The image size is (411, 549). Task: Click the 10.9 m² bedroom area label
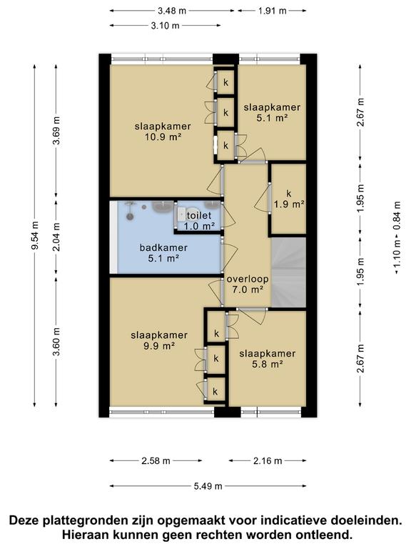pos(163,132)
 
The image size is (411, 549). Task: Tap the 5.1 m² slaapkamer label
pos(272,112)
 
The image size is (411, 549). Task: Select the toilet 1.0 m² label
pos(199,221)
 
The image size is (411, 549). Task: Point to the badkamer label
pos(163,253)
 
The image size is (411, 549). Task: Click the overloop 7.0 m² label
pos(248,285)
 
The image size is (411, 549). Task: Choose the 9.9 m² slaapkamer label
pos(159,340)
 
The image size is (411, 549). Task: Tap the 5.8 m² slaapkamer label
pos(268,359)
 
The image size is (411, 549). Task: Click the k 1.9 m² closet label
pos(289,199)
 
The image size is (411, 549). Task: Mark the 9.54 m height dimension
pos(34,237)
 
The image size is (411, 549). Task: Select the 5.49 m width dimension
pos(208,486)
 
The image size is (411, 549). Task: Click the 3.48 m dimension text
pos(172,11)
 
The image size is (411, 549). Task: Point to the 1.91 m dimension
pos(273,11)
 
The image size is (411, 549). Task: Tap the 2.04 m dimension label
pos(56,237)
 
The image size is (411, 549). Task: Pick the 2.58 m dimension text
pos(156,461)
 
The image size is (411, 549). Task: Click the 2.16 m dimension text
pos(268,461)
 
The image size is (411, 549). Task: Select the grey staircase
pos(289,272)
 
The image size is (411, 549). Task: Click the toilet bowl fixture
pos(181,214)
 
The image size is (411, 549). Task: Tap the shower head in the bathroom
pos(130,217)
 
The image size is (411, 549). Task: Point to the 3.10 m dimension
pos(166,26)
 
